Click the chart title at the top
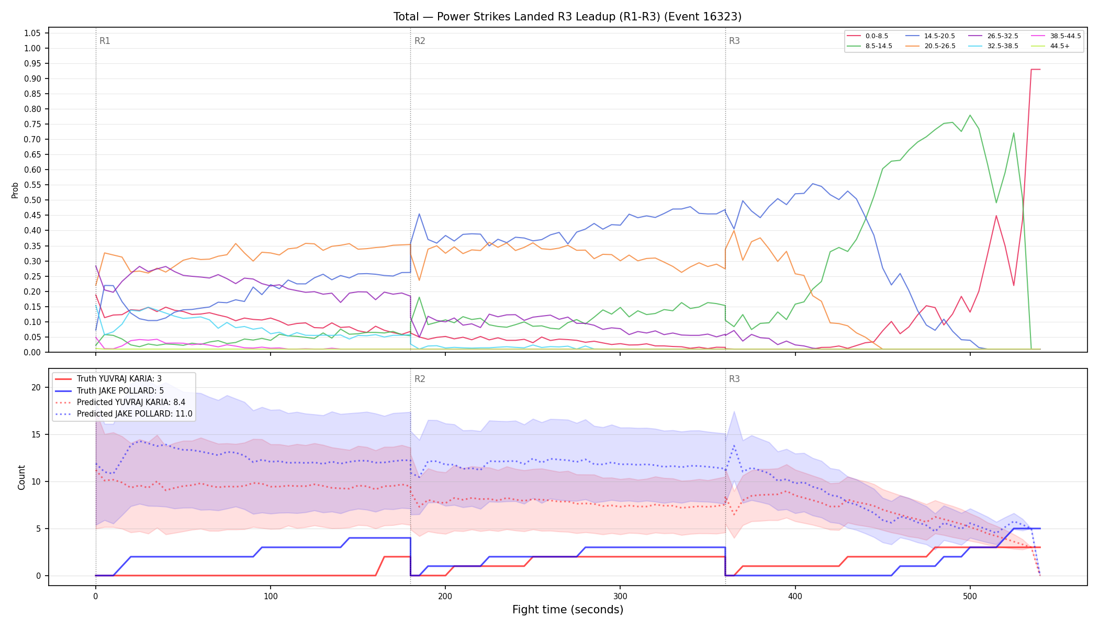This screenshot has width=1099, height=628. (567, 17)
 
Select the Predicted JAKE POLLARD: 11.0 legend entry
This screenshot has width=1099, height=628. (124, 414)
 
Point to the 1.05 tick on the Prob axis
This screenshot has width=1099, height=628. (32, 33)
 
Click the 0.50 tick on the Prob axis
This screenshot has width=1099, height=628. (32, 200)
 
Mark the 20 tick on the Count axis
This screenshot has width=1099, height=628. (36, 387)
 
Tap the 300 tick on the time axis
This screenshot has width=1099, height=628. (620, 597)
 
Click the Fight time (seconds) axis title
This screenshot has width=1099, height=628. (568, 610)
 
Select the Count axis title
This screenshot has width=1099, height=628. (21, 477)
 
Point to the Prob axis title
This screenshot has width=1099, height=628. (15, 190)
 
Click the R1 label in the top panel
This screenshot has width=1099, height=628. (105, 41)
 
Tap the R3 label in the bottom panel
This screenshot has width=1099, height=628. (734, 379)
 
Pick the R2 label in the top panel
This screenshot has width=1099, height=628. (420, 41)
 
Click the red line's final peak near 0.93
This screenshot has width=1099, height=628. (1035, 69)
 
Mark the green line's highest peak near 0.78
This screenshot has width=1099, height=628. (970, 115)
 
